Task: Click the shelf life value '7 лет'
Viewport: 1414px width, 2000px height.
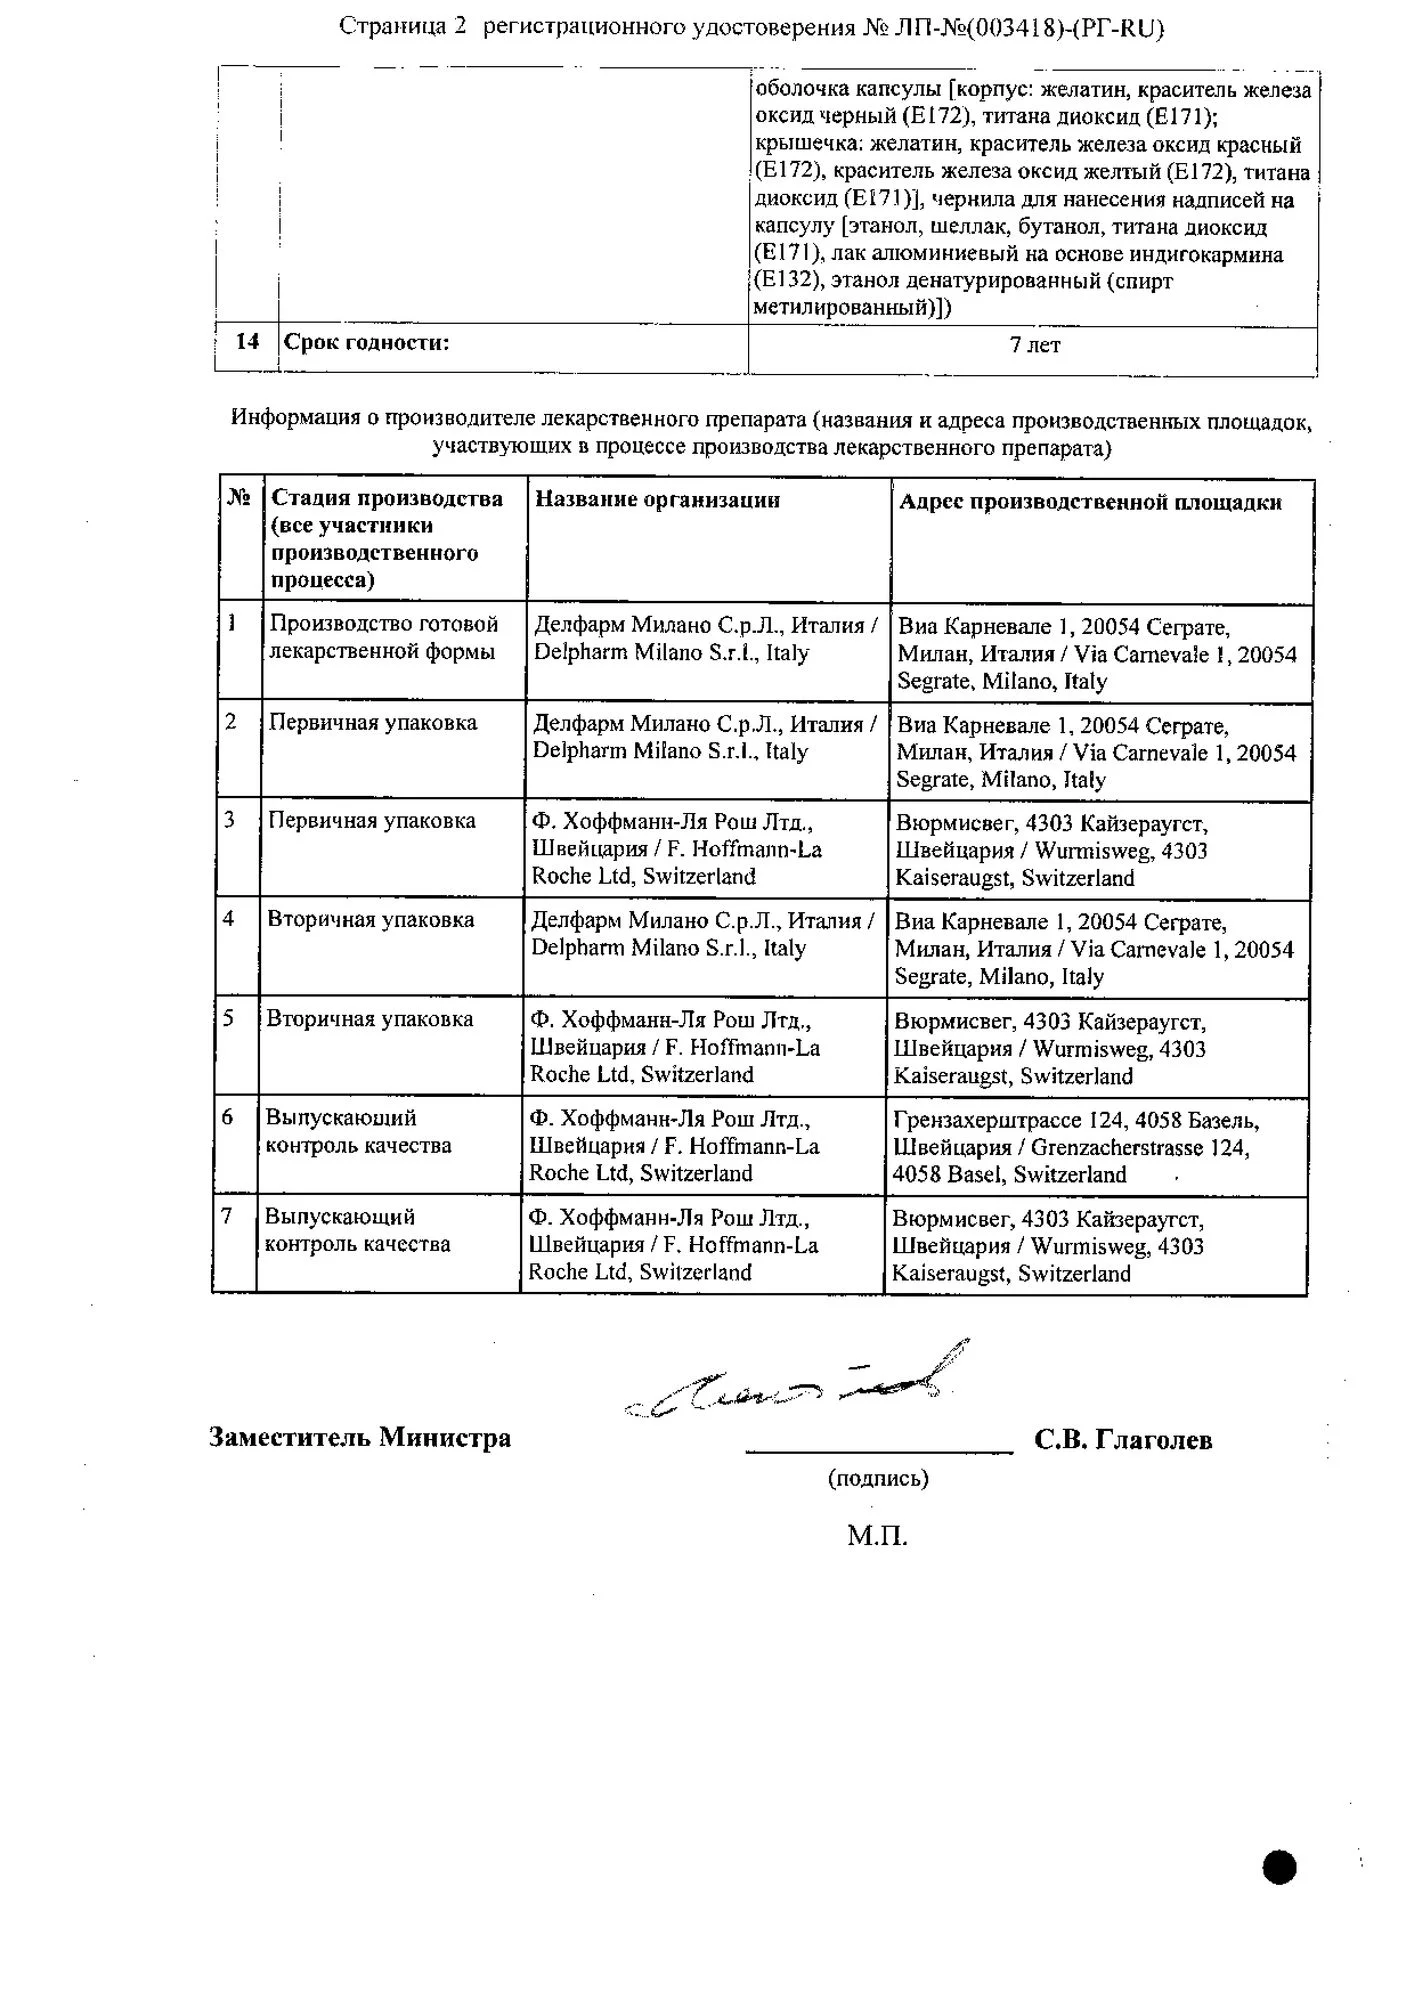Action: (1034, 345)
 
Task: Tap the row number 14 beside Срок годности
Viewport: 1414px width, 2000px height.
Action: (247, 342)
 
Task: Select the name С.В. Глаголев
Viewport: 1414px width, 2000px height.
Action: (1123, 1440)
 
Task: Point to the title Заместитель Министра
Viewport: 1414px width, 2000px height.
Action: (360, 1438)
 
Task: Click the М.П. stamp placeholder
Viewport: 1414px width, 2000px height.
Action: (877, 1536)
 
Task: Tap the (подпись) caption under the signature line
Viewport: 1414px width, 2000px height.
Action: (878, 1478)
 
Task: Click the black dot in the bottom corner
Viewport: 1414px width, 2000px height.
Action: (1280, 1867)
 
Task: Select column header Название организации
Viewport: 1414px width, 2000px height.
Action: (657, 500)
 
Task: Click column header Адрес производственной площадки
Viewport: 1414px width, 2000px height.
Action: (1090, 502)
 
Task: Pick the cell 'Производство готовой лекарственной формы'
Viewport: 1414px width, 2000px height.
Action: (383, 638)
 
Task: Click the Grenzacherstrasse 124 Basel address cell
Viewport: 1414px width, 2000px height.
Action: (1075, 1147)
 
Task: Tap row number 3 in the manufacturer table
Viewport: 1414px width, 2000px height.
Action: (230, 821)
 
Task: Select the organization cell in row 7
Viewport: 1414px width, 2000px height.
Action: (673, 1245)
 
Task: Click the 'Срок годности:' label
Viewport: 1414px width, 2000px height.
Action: (367, 343)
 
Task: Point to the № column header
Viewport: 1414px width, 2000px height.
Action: (239, 498)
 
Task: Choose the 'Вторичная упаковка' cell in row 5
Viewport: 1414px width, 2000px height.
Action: (369, 1019)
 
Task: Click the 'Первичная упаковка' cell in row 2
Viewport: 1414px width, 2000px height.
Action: (372, 723)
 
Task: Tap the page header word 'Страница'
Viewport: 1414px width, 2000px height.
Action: (389, 27)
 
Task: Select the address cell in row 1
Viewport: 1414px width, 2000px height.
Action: (1096, 654)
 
